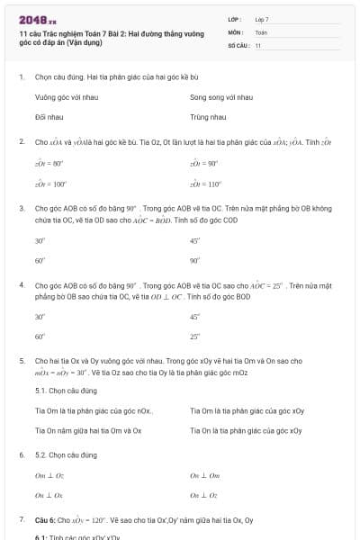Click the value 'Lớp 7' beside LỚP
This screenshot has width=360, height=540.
click(x=262, y=19)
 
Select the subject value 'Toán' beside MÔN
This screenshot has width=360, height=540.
click(x=261, y=31)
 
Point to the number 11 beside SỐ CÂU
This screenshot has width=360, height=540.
click(x=258, y=45)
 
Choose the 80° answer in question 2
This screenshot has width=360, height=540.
click(x=49, y=164)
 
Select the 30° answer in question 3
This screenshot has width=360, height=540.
click(x=40, y=240)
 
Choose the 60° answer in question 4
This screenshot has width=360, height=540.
click(x=40, y=337)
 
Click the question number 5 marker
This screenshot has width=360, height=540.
click(x=22, y=361)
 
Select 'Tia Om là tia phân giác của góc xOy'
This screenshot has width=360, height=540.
click(x=247, y=410)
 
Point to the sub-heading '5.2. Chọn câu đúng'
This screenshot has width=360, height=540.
click(x=66, y=455)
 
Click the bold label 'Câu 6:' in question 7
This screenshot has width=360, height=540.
click(x=45, y=520)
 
